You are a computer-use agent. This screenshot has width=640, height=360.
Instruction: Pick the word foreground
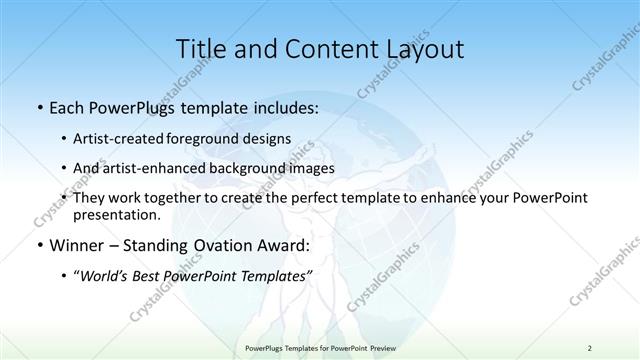[215, 138]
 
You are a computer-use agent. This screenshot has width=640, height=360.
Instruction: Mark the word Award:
[282, 244]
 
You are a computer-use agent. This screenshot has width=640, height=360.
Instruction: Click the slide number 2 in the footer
[590, 347]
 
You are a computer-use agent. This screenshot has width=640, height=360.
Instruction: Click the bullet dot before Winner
[38, 245]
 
